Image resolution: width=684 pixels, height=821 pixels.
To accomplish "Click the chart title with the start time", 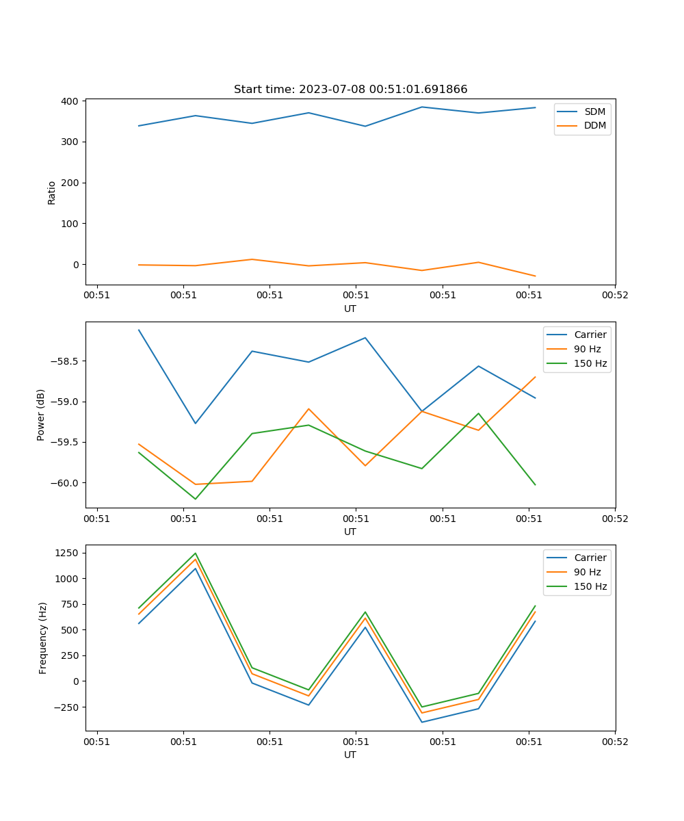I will (x=350, y=90).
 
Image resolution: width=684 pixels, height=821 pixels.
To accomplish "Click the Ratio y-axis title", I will (x=52, y=192).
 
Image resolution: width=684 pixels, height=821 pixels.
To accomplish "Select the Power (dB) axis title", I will (x=41, y=415).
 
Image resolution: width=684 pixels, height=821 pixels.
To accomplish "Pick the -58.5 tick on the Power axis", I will (x=66, y=361).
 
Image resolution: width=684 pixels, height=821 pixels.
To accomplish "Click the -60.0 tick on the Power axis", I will (x=66, y=483).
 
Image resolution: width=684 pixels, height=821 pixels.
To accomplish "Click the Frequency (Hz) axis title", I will (x=43, y=638).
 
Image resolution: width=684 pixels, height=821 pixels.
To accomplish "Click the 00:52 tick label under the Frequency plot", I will (x=614, y=742).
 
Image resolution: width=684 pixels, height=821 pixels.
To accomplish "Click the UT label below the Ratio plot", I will (x=350, y=309).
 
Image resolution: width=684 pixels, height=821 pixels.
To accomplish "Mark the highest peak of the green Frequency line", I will (x=196, y=553).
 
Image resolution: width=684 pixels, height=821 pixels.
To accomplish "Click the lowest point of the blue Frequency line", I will (x=422, y=722).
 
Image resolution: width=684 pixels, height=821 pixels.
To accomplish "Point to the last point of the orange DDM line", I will (x=535, y=276).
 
